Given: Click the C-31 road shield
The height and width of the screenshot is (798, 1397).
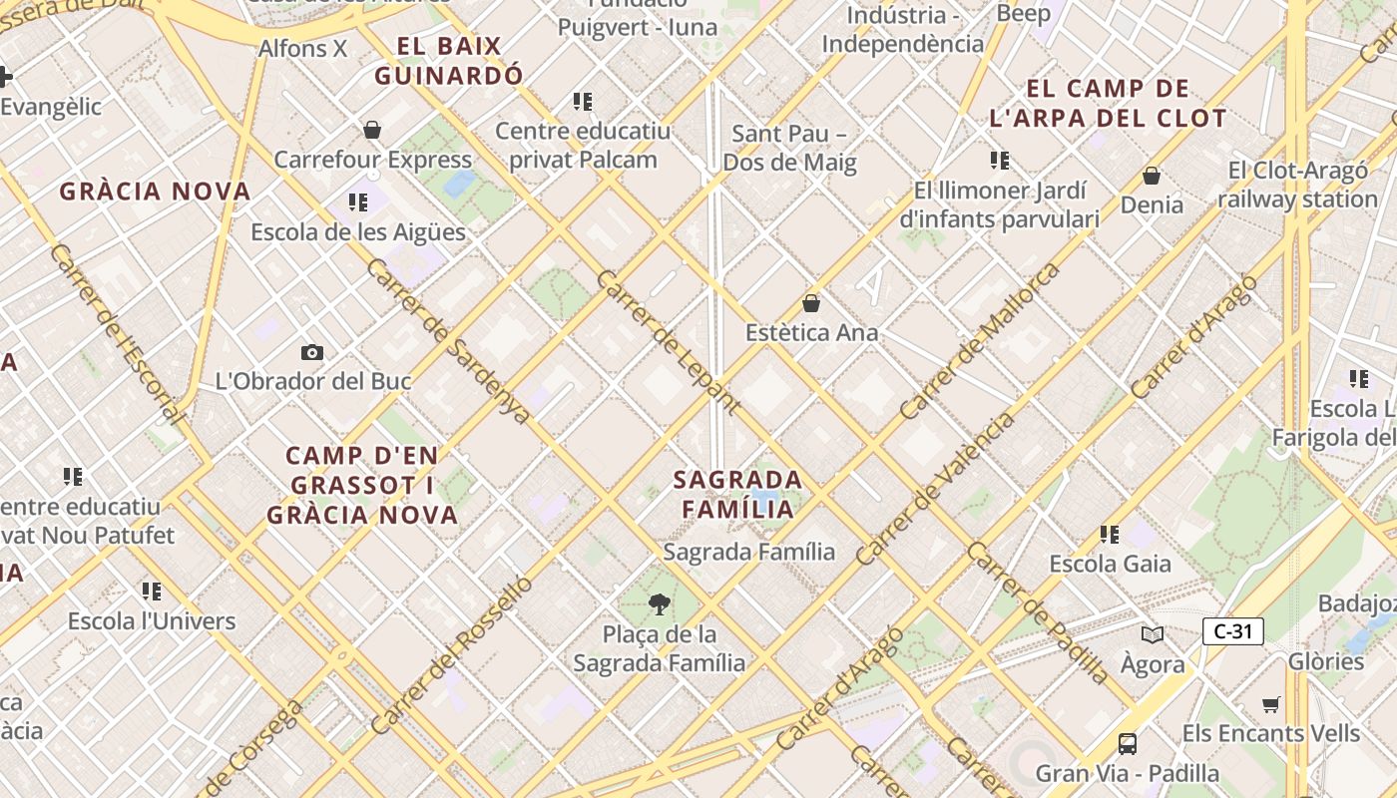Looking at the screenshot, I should pos(1232,631).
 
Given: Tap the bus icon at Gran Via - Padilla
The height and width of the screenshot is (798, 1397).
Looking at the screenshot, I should pos(1127,743).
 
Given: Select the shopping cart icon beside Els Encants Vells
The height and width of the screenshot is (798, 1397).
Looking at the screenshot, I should pos(1270,705).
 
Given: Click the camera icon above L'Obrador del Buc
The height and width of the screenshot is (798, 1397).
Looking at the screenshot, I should pos(312,352).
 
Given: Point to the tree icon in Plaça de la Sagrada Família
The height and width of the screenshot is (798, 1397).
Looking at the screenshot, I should pos(659,602).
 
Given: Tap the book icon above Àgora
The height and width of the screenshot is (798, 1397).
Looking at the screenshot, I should pos(1152,634).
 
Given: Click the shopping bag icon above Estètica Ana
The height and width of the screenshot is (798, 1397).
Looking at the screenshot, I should pos(811,303).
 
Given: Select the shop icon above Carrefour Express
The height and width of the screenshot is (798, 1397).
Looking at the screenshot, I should pos(372,130).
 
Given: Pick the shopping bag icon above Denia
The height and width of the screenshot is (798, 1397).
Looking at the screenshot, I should pos(1152,176).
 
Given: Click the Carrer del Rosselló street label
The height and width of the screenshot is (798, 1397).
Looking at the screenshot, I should pos(451,654).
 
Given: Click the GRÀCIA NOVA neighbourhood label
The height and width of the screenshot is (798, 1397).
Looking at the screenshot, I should pos(154,192).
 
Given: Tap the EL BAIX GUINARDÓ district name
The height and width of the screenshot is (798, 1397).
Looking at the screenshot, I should pos(448,61).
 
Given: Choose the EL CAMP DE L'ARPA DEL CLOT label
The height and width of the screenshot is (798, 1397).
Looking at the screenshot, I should pos(1108,104).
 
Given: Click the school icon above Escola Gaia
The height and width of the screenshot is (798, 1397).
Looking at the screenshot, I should pos(1109,535).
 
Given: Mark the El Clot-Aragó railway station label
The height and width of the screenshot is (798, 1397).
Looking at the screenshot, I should pos(1297,185).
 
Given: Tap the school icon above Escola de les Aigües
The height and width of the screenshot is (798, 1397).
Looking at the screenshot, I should pos(357,203).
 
